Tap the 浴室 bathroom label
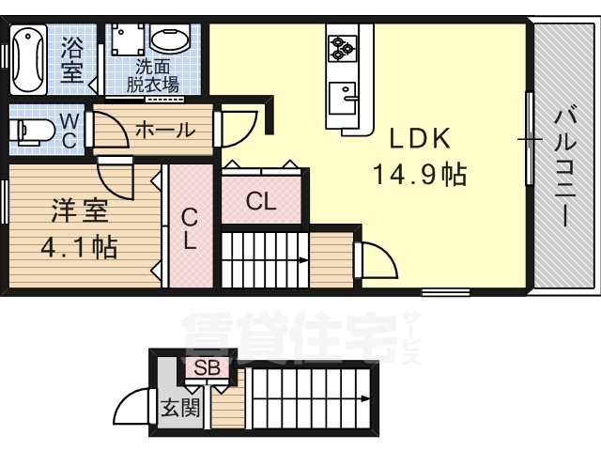point(72,58)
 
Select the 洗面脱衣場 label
point(153,75)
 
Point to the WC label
point(70,131)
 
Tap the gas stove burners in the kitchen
point(340,47)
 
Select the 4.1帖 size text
point(78,248)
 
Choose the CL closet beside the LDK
point(261,200)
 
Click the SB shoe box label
point(208,367)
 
